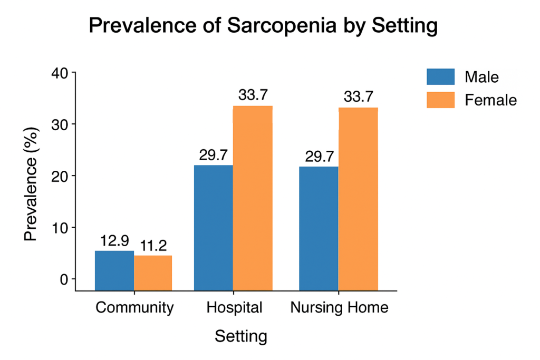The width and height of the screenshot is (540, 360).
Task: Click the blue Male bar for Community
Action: pyautogui.click(x=114, y=270)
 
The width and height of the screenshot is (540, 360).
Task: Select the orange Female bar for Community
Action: pyautogui.click(x=153, y=273)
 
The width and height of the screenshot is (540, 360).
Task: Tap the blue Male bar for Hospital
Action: pyautogui.click(x=213, y=227)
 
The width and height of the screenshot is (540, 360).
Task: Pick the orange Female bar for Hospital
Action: pyautogui.click(x=253, y=198)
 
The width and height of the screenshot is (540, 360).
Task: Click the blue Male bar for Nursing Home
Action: pyautogui.click(x=319, y=228)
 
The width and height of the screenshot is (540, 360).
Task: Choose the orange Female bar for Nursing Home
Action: pyautogui.click(x=358, y=199)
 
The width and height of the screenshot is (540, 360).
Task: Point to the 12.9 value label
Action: pyautogui.click(x=114, y=241)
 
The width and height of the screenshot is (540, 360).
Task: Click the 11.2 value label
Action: pyautogui.click(x=153, y=246)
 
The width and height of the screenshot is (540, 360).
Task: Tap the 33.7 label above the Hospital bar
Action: pyautogui.click(x=253, y=95)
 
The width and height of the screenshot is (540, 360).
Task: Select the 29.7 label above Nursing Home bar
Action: pyautogui.click(x=319, y=157)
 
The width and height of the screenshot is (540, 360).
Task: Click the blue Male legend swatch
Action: pyautogui.click(x=440, y=77)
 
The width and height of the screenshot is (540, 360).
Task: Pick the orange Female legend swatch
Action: pyautogui.click(x=440, y=100)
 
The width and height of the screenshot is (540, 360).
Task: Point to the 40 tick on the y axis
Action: pyautogui.click(x=60, y=73)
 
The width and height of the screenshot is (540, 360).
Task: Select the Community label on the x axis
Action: pyautogui.click(x=134, y=308)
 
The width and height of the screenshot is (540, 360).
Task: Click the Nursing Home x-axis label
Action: pyautogui.click(x=339, y=308)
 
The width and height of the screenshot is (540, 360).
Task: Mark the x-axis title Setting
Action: pyautogui.click(x=240, y=336)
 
